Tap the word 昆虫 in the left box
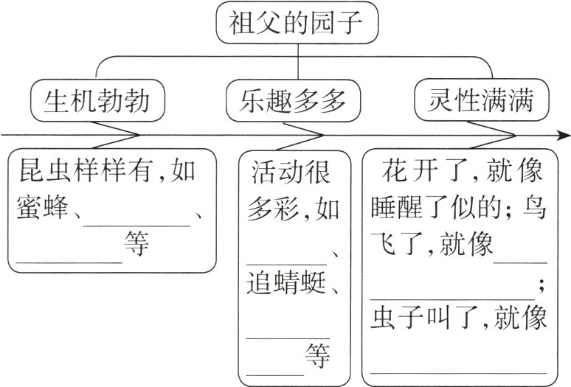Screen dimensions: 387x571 41,172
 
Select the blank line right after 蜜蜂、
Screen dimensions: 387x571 136,220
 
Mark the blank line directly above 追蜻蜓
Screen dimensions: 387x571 285,261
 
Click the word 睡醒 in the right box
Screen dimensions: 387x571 398,209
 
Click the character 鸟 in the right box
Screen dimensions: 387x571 532,209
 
